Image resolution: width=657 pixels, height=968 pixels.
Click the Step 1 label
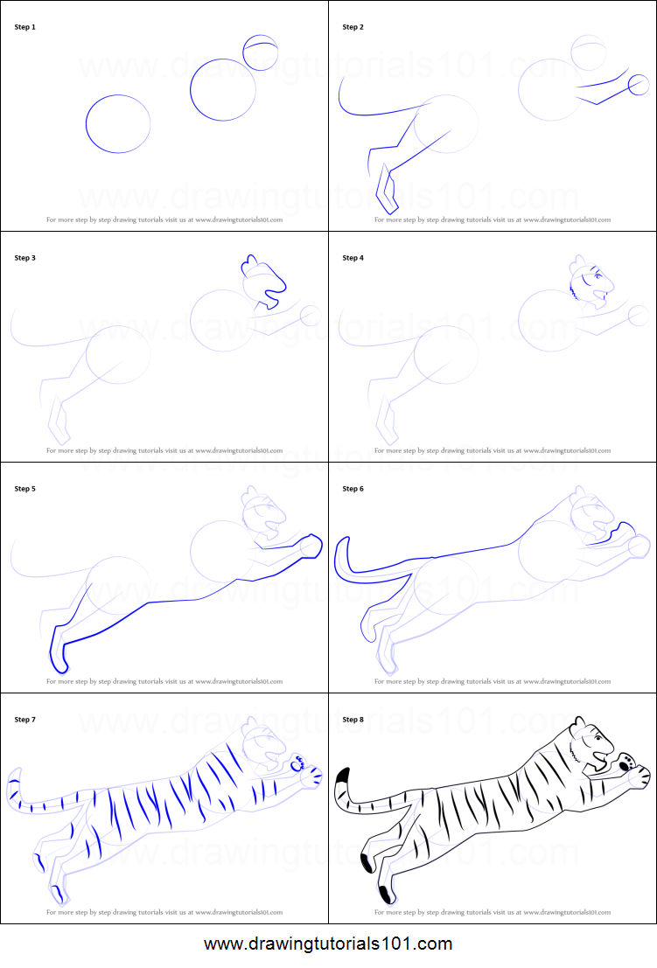pyautogui.click(x=25, y=27)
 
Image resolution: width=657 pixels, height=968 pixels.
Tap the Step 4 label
pyautogui.click(x=353, y=258)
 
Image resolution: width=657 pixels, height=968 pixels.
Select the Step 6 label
pyautogui.click(x=353, y=489)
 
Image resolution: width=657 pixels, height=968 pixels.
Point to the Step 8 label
pyautogui.click(x=353, y=720)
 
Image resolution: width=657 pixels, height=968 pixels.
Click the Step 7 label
pyautogui.click(x=25, y=720)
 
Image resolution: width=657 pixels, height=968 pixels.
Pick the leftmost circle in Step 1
pyautogui.click(x=118, y=123)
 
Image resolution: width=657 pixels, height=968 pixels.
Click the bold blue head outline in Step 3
pyautogui.click(x=263, y=282)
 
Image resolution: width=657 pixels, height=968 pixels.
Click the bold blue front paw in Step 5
pyautogui.click(x=308, y=545)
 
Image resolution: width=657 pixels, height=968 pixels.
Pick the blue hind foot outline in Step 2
pyautogui.click(x=386, y=192)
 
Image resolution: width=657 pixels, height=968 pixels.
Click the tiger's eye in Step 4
pyautogui.click(x=598, y=277)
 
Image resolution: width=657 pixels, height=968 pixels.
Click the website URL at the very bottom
pyautogui.click(x=328, y=944)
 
